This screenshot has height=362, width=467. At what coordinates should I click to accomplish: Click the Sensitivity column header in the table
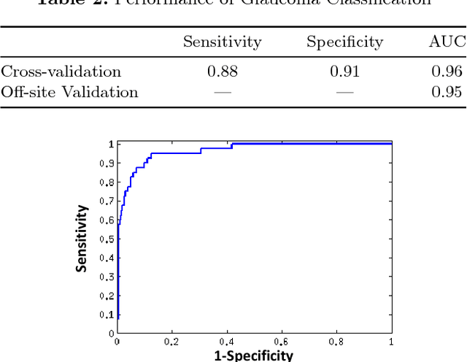pyautogui.click(x=222, y=42)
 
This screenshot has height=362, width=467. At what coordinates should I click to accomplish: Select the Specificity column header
pyautogui.click(x=344, y=42)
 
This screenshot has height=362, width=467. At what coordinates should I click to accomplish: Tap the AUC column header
pyautogui.click(x=446, y=42)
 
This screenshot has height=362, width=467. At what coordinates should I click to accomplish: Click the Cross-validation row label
pyautogui.click(x=61, y=72)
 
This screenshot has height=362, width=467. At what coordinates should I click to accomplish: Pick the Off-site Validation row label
pyautogui.click(x=69, y=92)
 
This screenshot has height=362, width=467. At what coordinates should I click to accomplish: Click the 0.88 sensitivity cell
pyautogui.click(x=222, y=72)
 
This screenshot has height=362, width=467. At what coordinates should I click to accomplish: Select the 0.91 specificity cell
pyautogui.click(x=344, y=72)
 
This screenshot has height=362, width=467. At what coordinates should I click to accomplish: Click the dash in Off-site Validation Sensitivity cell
pyautogui.click(x=222, y=92)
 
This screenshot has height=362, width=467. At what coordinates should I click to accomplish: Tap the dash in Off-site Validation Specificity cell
pyautogui.click(x=344, y=92)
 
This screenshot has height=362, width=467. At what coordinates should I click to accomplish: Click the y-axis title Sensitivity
pyautogui.click(x=82, y=239)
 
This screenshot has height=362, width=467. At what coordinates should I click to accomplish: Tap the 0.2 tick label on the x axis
pyautogui.click(x=171, y=342)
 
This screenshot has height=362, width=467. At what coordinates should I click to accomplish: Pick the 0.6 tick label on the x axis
pyautogui.click(x=282, y=342)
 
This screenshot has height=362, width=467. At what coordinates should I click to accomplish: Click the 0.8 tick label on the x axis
pyautogui.click(x=336, y=342)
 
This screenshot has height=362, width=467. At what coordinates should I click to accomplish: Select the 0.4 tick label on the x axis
pyautogui.click(x=226, y=342)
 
